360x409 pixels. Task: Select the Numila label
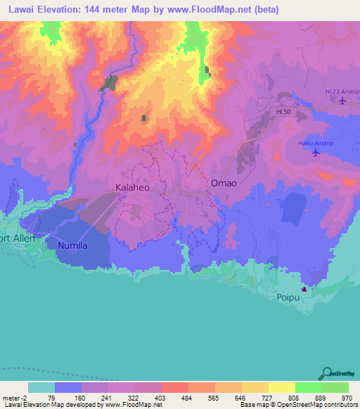[67, 245]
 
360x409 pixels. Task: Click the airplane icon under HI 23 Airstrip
[342, 100]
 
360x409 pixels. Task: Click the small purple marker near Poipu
[304, 289]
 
